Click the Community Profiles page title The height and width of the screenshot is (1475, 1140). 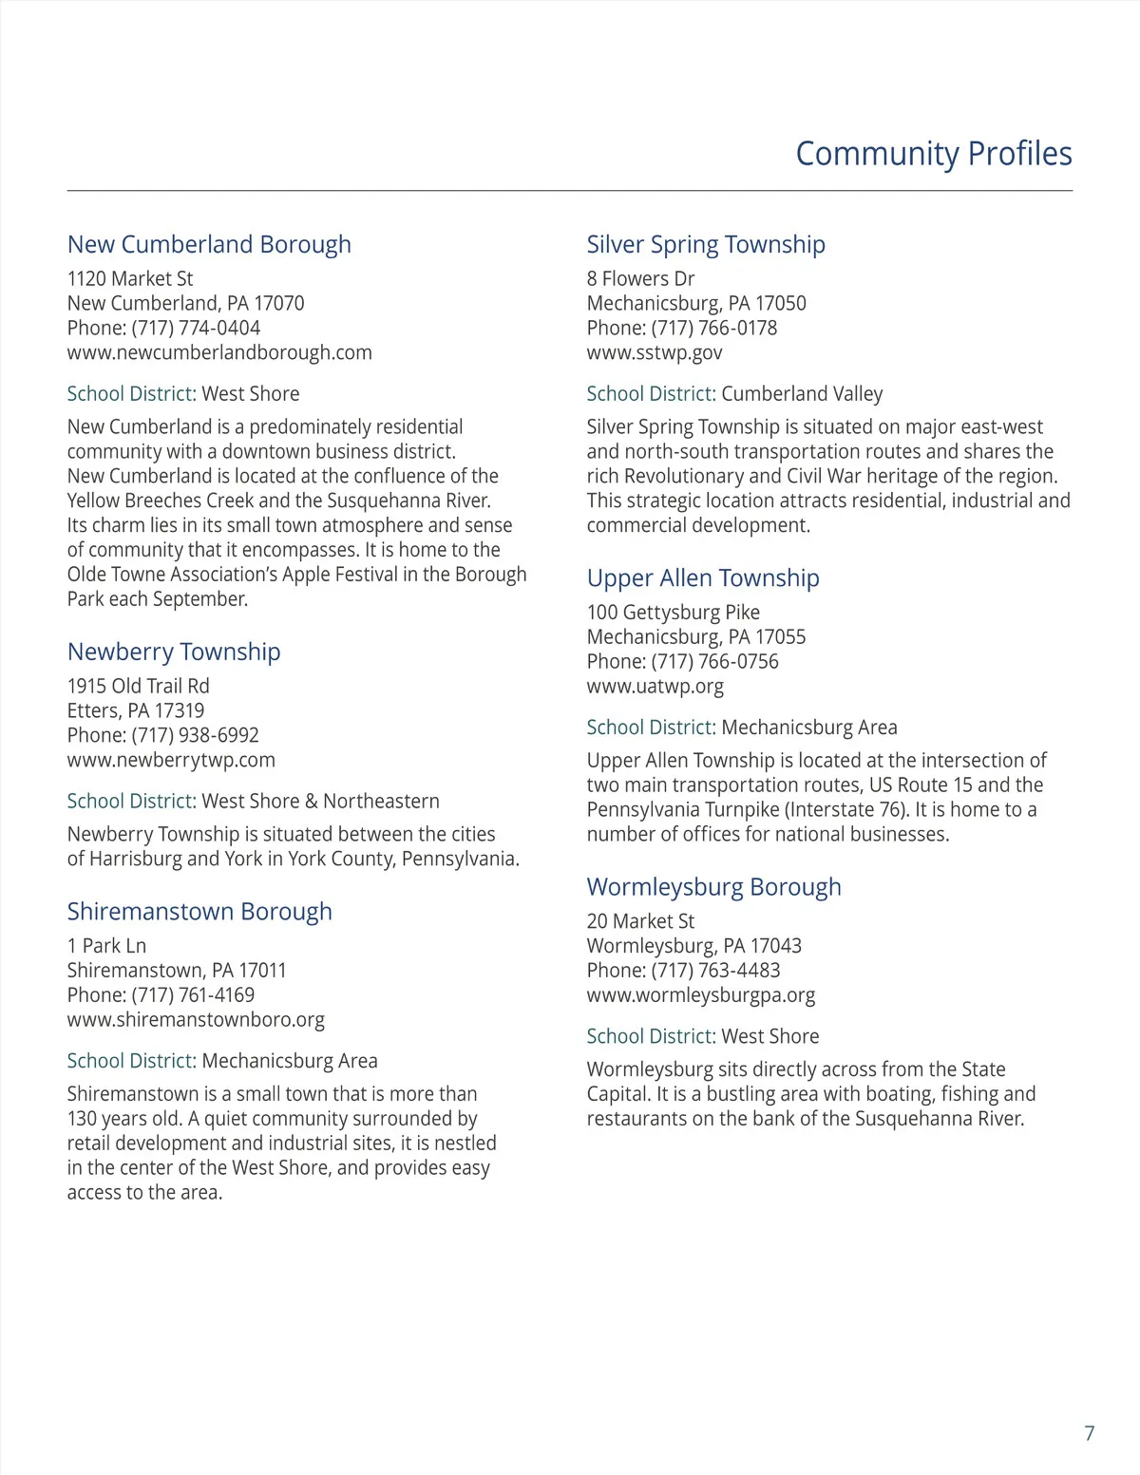click(933, 154)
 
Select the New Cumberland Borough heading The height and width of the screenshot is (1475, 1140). click(209, 244)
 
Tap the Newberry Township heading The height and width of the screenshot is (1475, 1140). click(174, 652)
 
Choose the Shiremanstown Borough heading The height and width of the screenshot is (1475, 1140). click(199, 912)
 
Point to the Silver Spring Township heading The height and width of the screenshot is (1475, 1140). click(706, 244)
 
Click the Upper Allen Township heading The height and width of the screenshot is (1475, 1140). click(703, 577)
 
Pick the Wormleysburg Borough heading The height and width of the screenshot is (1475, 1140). click(713, 887)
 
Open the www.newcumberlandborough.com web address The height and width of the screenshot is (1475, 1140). click(219, 352)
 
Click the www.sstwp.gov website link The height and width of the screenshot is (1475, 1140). click(655, 352)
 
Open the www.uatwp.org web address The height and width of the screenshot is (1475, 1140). click(655, 686)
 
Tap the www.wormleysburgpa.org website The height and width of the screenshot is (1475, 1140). click(701, 995)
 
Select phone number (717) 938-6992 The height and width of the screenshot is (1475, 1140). click(195, 735)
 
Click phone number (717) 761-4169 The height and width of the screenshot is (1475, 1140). click(193, 995)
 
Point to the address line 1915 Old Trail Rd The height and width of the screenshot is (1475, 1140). click(138, 686)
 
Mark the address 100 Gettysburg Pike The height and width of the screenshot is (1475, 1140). click(673, 613)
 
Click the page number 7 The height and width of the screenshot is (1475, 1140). click(1089, 1433)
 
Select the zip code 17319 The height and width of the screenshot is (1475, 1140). click(180, 710)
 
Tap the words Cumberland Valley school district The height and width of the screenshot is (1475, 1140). click(802, 394)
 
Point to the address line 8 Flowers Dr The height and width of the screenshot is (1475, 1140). click(640, 279)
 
